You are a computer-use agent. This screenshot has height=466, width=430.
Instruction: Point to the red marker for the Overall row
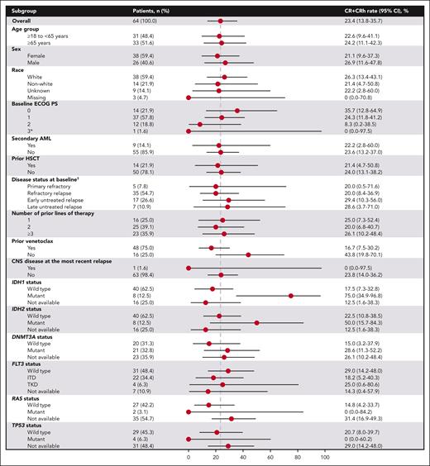[220, 20]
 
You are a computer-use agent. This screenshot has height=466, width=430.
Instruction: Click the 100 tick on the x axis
[325, 457]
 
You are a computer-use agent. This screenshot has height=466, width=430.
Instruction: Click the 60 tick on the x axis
[270, 457]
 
